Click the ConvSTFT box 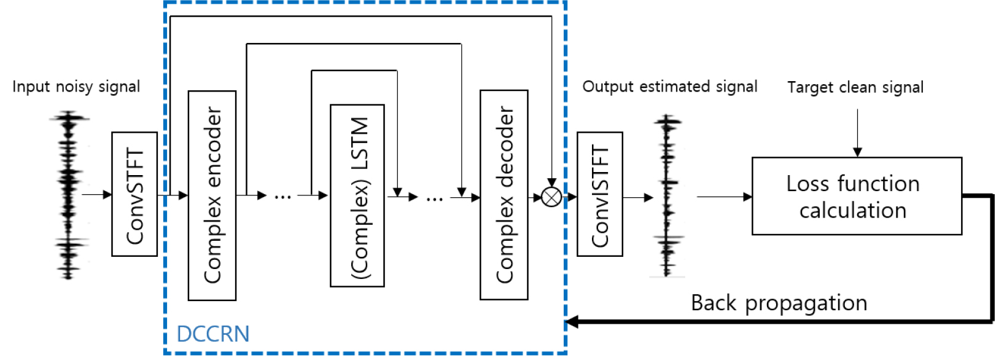pyautogui.click(x=134, y=194)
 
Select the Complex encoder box pyautogui.click(x=212, y=195)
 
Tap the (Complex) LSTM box pyautogui.click(x=357, y=195)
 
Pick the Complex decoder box pyautogui.click(x=504, y=195)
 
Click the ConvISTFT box pyautogui.click(x=600, y=194)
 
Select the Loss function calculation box pyautogui.click(x=857, y=196)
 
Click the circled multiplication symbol pyautogui.click(x=551, y=197)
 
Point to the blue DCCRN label pyautogui.click(x=212, y=334)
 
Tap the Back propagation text pyautogui.click(x=779, y=303)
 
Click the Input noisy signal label pyautogui.click(x=76, y=87)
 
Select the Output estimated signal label pyautogui.click(x=669, y=87)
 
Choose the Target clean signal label pyautogui.click(x=855, y=87)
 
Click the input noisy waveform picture pyautogui.click(x=69, y=195)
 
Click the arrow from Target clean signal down pyautogui.click(x=857, y=133)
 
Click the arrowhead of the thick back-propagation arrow pyautogui.click(x=571, y=321)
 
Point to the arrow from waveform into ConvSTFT pyautogui.click(x=96, y=195)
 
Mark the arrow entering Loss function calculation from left pyautogui.click(x=725, y=197)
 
